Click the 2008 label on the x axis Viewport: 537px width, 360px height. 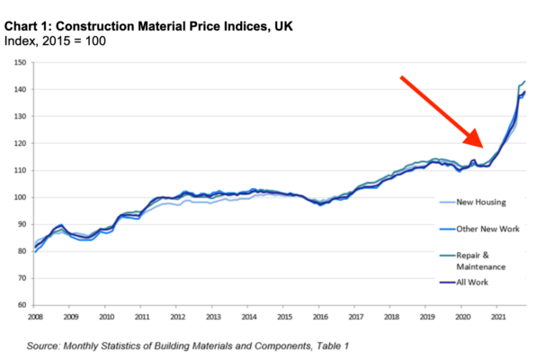pyautogui.click(x=35, y=317)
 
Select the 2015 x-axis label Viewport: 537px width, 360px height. pyautogui.click(x=283, y=317)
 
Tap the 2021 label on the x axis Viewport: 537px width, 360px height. pyautogui.click(x=497, y=317)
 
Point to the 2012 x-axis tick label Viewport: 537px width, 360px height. pyautogui.click(x=177, y=317)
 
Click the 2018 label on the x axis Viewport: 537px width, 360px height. pyautogui.click(x=390, y=317)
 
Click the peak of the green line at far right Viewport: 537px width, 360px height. pyautogui.click(x=524, y=82)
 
